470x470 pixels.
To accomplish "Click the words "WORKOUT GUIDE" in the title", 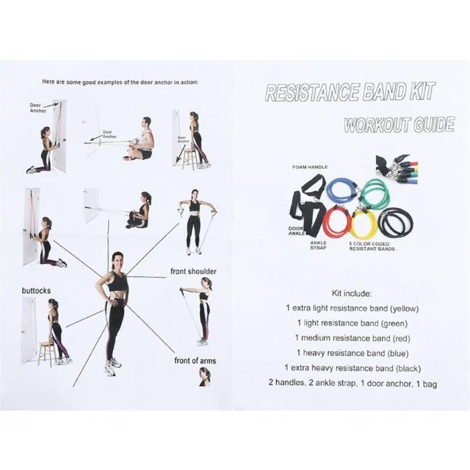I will tap(398, 126).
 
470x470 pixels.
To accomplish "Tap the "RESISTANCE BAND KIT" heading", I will tap(350, 92).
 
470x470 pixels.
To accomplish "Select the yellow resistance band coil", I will tap(363, 224).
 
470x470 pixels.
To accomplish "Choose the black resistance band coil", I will tap(396, 222).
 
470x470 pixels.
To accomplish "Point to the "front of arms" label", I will tap(195, 361).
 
